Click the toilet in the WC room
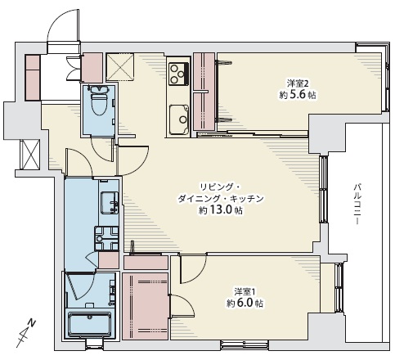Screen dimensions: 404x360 tap(99, 101)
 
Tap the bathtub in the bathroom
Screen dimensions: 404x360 tap(89, 325)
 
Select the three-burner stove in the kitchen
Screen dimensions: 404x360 tap(178, 73)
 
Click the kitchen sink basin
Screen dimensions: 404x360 tap(179, 119)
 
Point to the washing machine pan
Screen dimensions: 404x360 tap(106, 238)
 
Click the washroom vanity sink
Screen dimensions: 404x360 tap(110, 203)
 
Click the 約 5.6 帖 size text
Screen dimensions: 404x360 tap(298, 95)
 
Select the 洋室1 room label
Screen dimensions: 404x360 tap(245, 291)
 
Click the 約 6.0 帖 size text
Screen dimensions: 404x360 tap(245, 304)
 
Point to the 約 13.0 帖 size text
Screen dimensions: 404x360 tap(220, 210)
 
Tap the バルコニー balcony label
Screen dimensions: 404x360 tap(357, 204)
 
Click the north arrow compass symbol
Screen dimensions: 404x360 tap(25, 333)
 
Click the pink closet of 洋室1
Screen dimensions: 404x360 tap(145, 306)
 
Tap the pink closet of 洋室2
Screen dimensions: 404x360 tap(204, 92)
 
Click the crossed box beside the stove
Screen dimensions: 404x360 tap(120, 67)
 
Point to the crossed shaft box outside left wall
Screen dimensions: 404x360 tap(30, 155)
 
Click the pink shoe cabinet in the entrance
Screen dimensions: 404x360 tap(33, 78)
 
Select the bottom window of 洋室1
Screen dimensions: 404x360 tap(245, 344)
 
